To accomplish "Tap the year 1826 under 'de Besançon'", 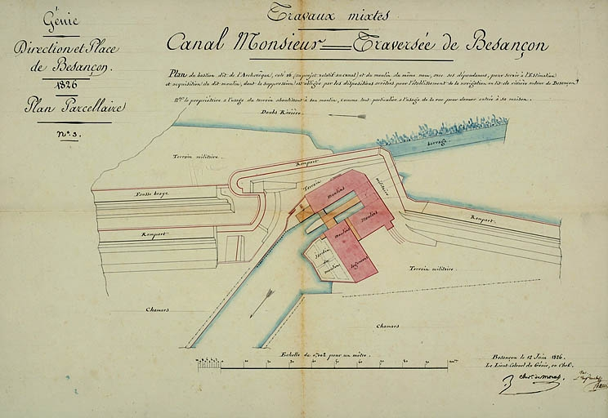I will click(62, 85).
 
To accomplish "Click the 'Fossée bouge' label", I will click(152, 194).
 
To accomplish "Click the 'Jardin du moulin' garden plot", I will click(322, 263).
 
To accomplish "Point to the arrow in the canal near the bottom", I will click(262, 301).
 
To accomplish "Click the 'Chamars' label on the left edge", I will click(157, 309).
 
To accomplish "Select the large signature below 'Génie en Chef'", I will click(515, 382).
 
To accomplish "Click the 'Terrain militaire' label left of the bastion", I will click(194, 156).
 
